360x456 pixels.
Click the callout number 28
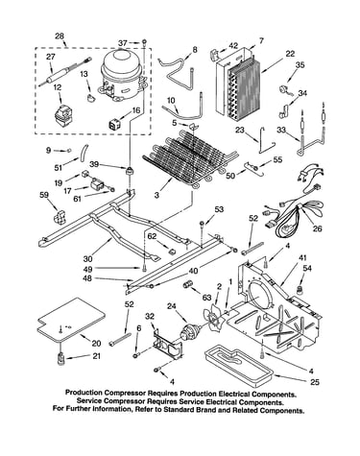tap(60, 36)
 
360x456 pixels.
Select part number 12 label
tap(58, 87)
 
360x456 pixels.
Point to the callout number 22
tap(290, 54)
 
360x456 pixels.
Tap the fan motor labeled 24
tap(189, 332)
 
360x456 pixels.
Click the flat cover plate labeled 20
tap(71, 319)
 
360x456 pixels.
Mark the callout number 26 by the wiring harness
tap(318, 228)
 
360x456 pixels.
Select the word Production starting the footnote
tap(84, 393)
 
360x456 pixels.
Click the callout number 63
tap(206, 298)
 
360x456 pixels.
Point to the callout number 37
tap(123, 42)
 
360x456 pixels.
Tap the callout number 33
tap(281, 130)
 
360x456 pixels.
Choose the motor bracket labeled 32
tap(168, 344)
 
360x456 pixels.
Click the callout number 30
tap(87, 258)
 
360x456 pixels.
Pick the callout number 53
tap(219, 209)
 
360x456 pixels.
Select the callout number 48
tap(86, 278)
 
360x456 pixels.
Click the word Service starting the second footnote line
tap(88, 401)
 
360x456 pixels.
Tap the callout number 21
tap(96, 356)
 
